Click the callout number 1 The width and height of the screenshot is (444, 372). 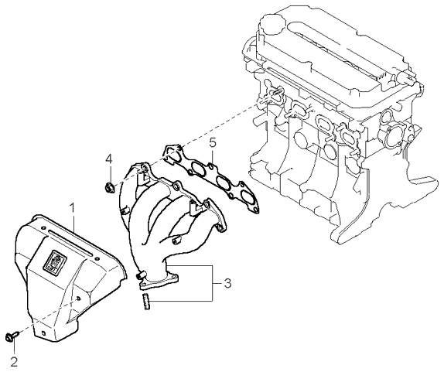[73, 208]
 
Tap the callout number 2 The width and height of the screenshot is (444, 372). [14, 361]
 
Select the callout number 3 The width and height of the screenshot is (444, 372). [227, 283]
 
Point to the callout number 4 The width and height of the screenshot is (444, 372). [109, 159]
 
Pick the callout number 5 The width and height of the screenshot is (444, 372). [213, 143]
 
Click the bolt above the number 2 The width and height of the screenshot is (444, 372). [12, 336]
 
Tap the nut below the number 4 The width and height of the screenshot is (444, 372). [109, 187]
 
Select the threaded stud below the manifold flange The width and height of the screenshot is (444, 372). [146, 302]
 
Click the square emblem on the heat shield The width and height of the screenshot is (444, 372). [55, 259]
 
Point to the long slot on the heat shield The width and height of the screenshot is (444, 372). [70, 243]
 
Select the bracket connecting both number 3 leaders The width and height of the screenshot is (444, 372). [213, 283]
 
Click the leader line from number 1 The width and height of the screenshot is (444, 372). [73, 222]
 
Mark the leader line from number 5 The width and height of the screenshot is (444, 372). [213, 156]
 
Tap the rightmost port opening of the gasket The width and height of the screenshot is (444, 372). [246, 196]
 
